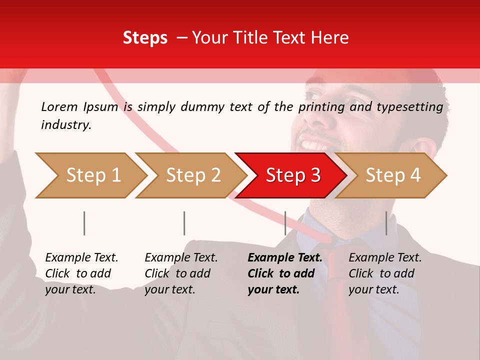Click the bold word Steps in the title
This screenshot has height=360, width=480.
click(145, 38)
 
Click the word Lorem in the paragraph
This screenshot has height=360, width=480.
click(59, 107)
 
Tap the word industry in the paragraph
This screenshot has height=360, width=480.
click(65, 124)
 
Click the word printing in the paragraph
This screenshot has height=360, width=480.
click(321, 107)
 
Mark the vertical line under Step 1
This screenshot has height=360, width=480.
click(84, 223)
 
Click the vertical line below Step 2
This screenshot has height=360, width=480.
click(184, 223)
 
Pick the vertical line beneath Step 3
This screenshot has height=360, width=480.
click(285, 223)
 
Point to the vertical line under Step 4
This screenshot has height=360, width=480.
click(386, 223)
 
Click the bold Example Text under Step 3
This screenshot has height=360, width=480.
click(285, 258)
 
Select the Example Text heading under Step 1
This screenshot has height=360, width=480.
click(81, 258)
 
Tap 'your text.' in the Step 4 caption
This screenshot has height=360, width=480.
click(373, 289)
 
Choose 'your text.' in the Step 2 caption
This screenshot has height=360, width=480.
click(170, 289)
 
